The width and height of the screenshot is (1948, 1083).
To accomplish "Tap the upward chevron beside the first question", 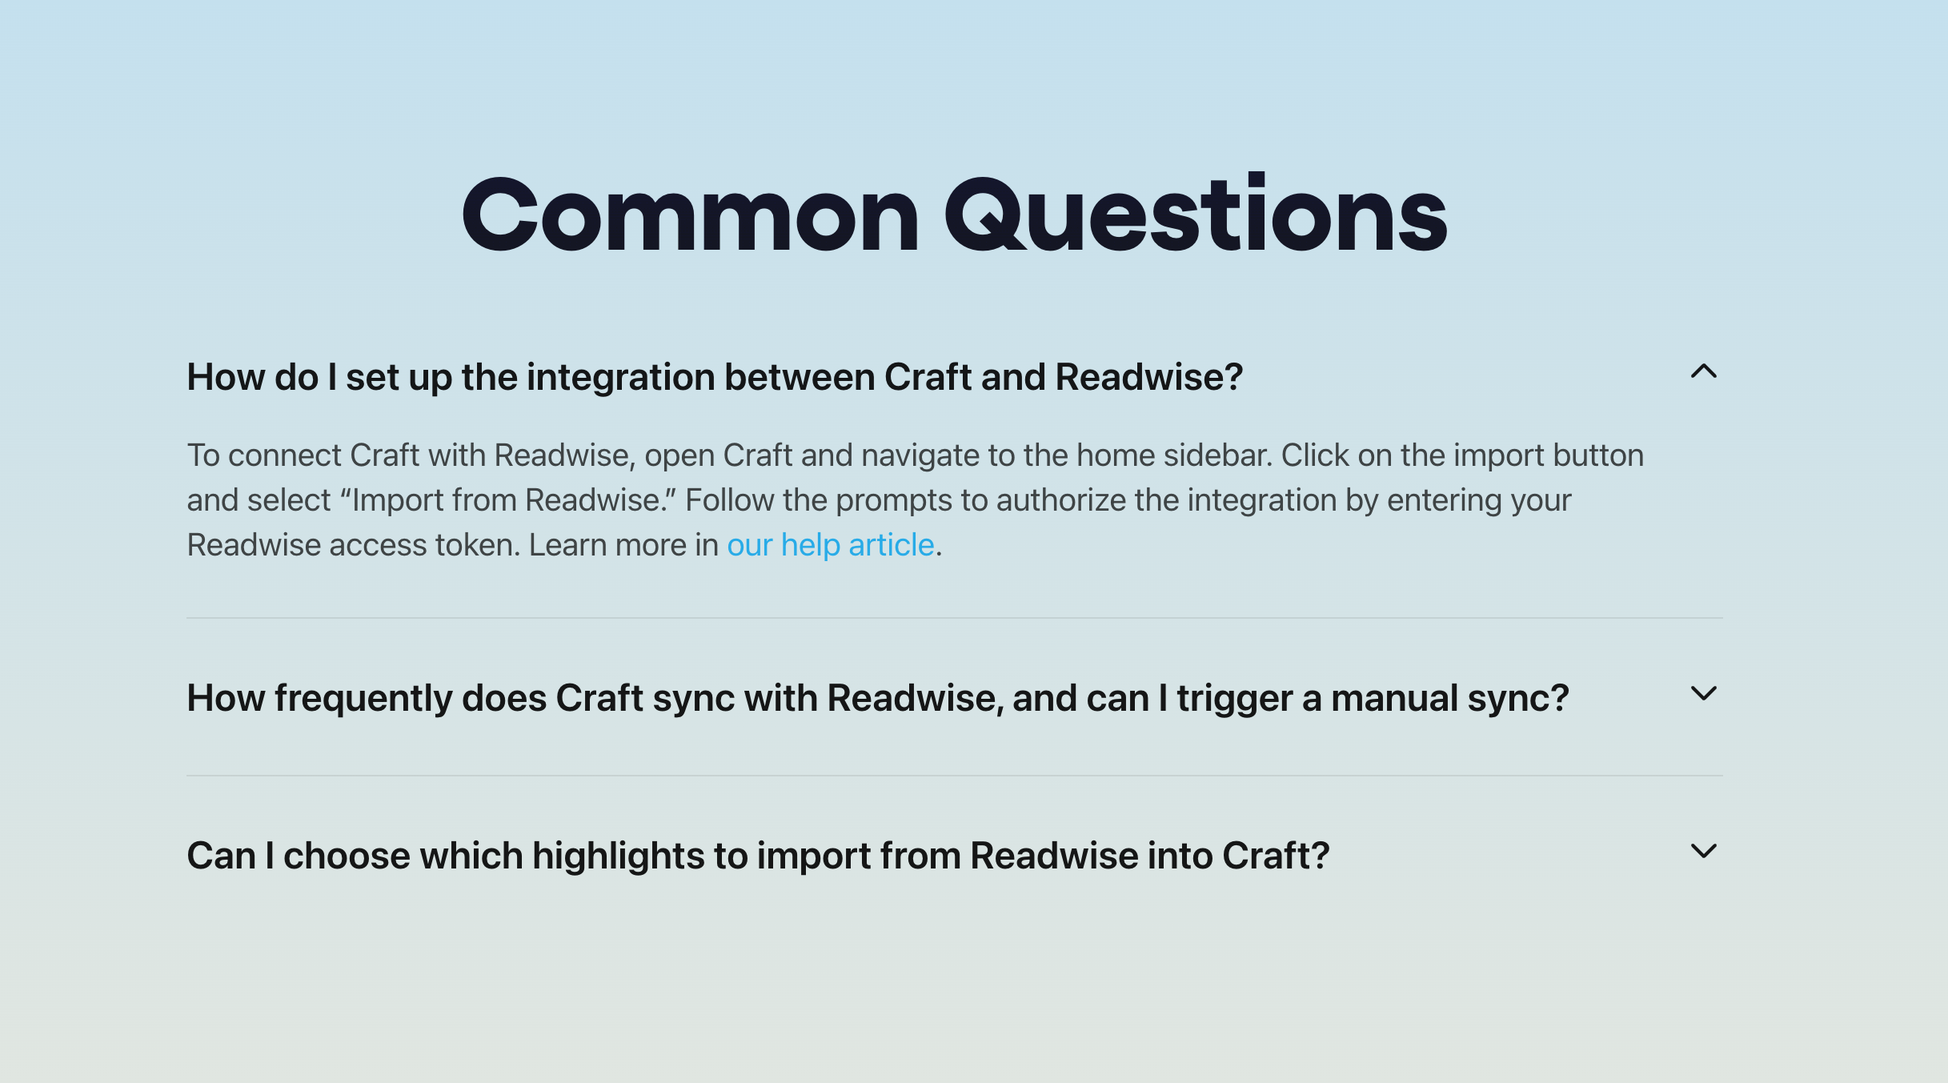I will pos(1703,371).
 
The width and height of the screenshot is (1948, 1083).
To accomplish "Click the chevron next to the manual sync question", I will pos(1703,693).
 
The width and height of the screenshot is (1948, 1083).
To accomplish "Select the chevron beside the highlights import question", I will pos(1703,851).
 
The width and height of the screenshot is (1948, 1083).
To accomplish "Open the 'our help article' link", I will pos(830,545).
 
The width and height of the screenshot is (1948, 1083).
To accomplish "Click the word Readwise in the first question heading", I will pos(1148,377).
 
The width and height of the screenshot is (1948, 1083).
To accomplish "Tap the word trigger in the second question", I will pos(1234,698).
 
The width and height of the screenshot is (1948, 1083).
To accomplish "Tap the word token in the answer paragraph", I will pos(477,545).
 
